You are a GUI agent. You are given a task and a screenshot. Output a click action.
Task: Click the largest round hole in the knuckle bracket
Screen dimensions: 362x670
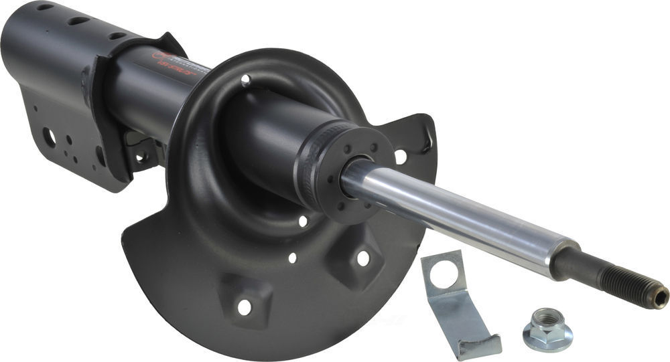49,137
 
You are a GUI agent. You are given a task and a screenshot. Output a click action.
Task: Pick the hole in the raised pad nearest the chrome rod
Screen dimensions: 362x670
362,258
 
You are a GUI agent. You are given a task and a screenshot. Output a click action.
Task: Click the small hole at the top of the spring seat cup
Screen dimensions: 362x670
246,80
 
